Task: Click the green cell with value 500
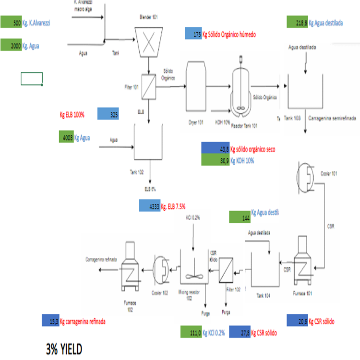pos(11,23)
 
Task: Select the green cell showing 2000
pos(11,46)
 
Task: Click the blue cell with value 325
pos(108,114)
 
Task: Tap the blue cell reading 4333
pos(150,205)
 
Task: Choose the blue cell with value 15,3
pos(50,321)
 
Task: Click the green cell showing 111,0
pos(191,332)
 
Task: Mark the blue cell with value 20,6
pos(297,321)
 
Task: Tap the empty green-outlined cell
pos(32,79)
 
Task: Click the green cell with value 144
pos(240,217)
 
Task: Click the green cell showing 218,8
pos(297,22)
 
